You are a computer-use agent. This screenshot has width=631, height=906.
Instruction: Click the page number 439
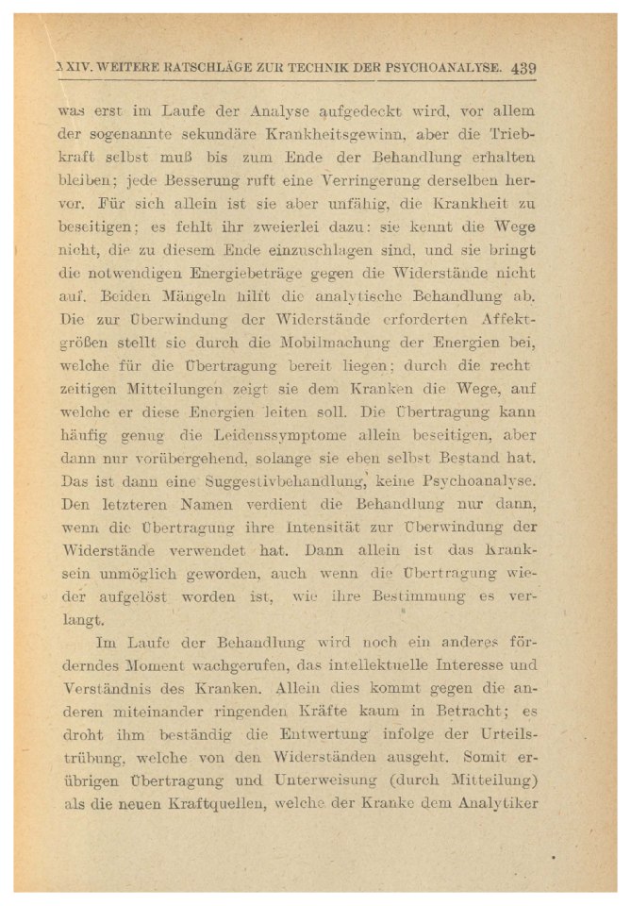(523, 67)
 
